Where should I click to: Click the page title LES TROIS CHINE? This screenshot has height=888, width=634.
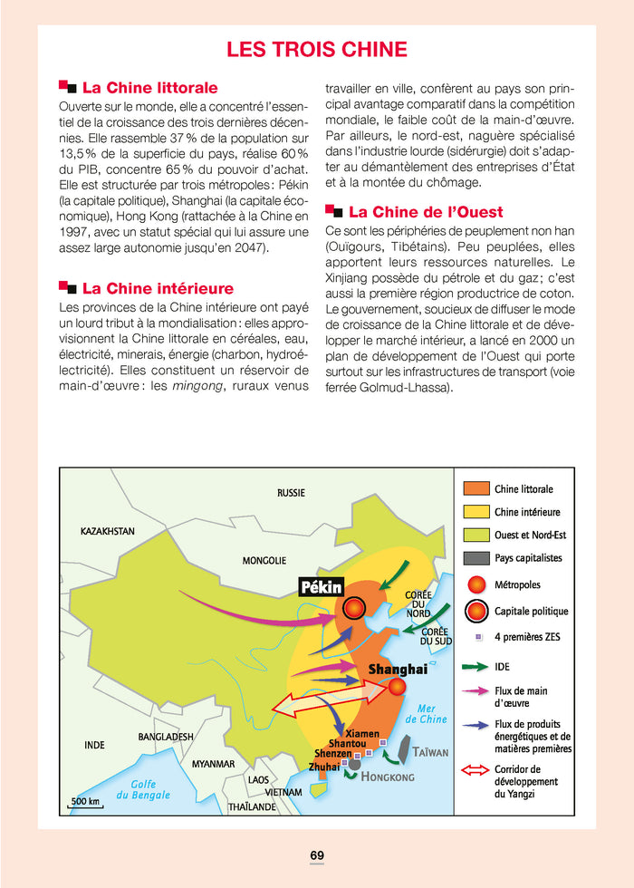[x=316, y=49]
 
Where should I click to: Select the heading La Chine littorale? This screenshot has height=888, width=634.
[x=149, y=88]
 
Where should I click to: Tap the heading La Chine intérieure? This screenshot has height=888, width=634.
[x=158, y=288]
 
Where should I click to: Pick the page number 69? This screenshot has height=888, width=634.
[x=317, y=854]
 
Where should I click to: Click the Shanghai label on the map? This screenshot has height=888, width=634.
[x=397, y=670]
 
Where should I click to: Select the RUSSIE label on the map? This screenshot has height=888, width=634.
[x=291, y=493]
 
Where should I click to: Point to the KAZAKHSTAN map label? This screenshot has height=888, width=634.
[x=108, y=531]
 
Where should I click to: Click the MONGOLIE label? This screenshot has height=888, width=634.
[x=264, y=561]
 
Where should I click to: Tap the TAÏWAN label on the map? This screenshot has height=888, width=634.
[x=430, y=753]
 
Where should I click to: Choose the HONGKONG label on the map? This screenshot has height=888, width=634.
[x=388, y=777]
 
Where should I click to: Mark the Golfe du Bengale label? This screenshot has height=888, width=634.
[x=143, y=789]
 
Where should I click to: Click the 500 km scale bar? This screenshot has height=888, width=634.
[x=85, y=802]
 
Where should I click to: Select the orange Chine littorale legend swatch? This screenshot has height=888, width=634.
[x=476, y=489]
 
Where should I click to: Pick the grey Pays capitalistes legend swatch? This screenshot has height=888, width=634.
[x=476, y=557]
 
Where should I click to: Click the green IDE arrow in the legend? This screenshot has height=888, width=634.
[x=476, y=667]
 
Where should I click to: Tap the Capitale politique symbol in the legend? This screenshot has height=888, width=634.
[x=476, y=610]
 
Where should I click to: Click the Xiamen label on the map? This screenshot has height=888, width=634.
[x=362, y=733]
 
